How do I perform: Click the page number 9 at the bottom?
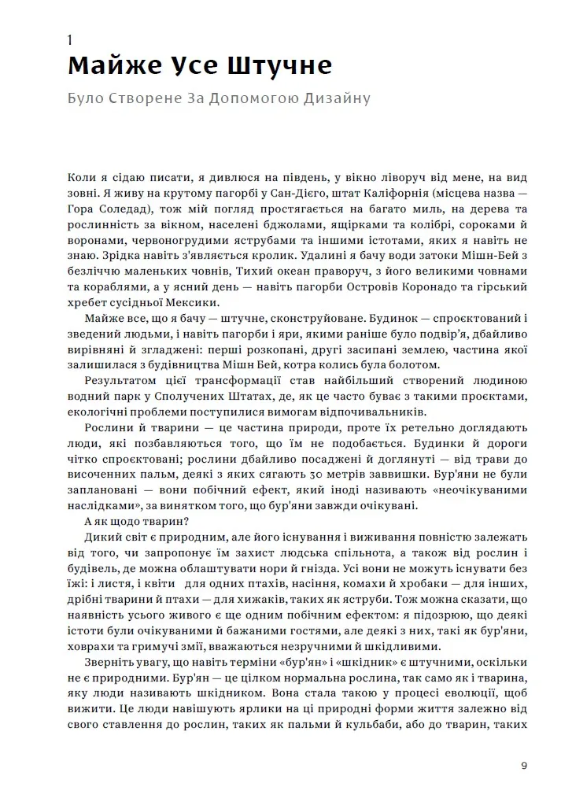click(523, 767)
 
